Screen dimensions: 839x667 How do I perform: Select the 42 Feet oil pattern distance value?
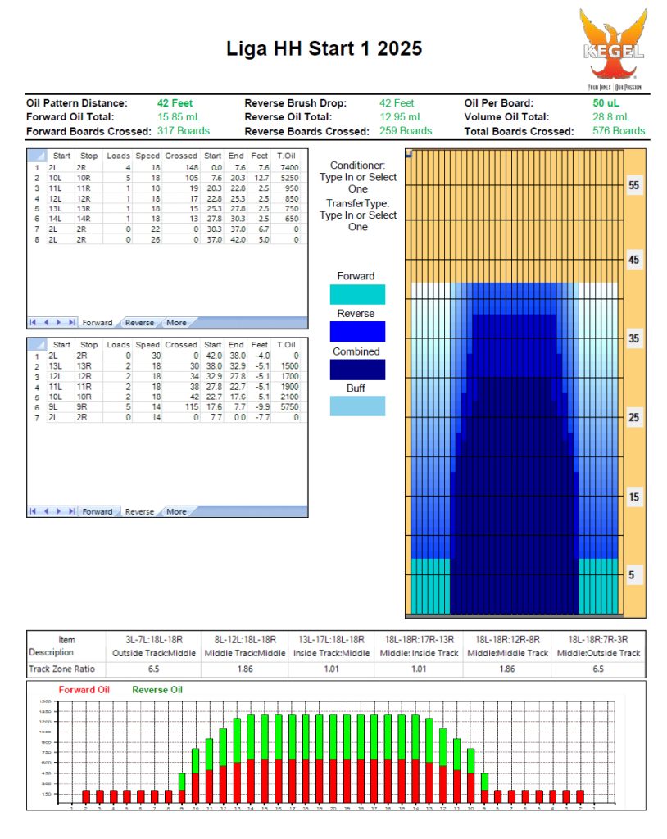pos(175,103)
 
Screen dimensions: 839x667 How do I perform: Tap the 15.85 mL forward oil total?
pos(179,117)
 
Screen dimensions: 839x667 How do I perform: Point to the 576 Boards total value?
pos(618,131)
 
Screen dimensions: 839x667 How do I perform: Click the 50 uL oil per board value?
pos(606,103)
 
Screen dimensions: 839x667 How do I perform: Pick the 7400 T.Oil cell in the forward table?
pos(291,167)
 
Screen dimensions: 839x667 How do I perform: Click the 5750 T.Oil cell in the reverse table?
pos(291,407)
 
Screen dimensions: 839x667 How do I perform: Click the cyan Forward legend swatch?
pos(357,294)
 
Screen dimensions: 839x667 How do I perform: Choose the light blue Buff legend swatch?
pos(357,406)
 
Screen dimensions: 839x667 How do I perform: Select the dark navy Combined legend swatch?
pos(357,370)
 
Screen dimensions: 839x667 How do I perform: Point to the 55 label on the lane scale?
pos(633,185)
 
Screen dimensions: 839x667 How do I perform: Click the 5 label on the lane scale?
pos(633,575)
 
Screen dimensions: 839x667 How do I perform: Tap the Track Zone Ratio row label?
pos(66,669)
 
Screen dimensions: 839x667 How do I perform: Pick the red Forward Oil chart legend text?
pos(84,690)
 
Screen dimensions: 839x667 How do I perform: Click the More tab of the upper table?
pos(176,323)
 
